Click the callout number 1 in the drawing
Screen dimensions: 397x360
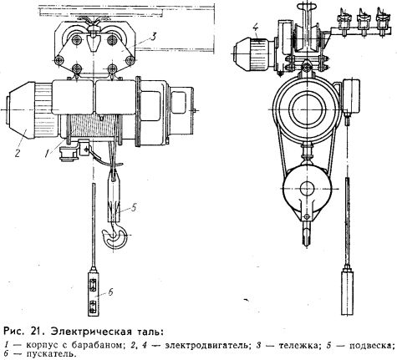point(48,152)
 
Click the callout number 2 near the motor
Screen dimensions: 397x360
point(18,153)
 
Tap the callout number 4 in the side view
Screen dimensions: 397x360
point(257,28)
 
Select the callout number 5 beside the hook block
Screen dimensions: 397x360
point(134,207)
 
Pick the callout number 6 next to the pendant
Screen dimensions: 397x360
point(110,292)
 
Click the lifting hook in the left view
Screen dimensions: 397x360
point(115,236)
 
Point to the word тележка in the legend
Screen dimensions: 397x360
point(298,346)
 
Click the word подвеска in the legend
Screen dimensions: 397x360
point(371,346)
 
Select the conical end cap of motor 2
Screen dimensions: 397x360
point(20,110)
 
